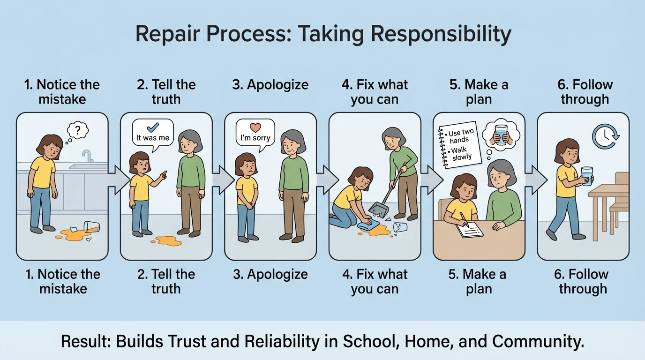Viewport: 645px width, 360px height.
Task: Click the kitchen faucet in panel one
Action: click(87, 156)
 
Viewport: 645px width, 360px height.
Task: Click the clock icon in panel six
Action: click(605, 136)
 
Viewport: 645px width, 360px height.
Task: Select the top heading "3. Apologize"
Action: click(270, 85)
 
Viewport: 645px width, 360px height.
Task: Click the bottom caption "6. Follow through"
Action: click(583, 281)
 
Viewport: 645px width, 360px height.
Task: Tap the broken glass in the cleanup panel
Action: click(400, 227)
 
